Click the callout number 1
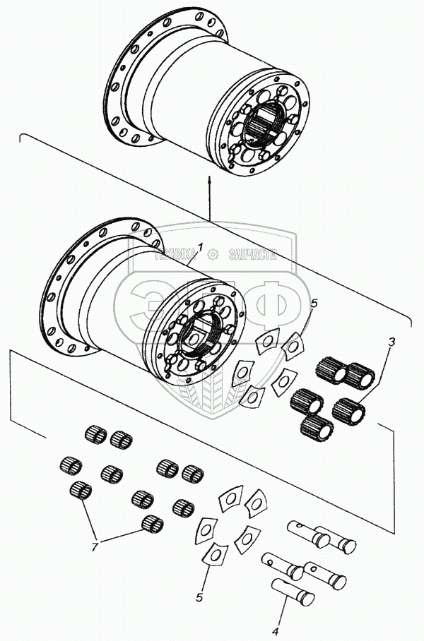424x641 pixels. [x=201, y=248]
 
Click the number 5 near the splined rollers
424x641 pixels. [x=314, y=304]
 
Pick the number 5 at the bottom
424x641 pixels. [x=199, y=597]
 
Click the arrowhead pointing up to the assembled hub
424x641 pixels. [x=210, y=180]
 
